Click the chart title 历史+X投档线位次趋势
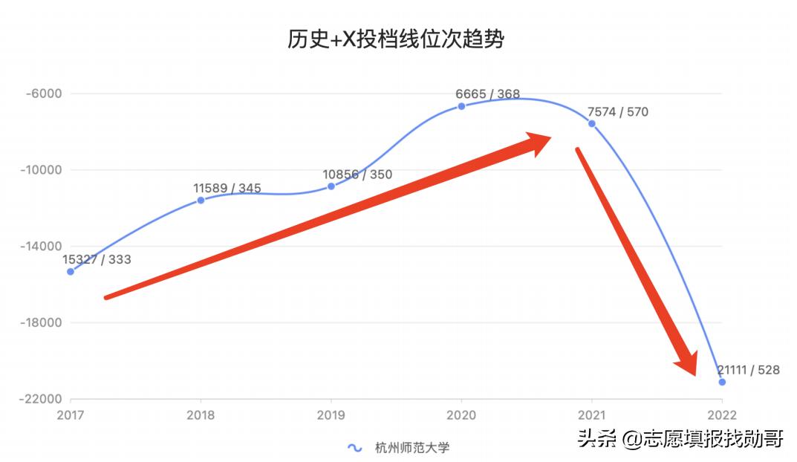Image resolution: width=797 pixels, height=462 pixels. click(396, 39)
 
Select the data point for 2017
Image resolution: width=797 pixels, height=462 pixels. click(71, 272)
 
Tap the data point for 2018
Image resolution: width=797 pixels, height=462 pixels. click(201, 201)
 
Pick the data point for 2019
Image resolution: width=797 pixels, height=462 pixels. click(331, 186)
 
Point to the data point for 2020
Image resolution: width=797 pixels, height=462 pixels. click(461, 106)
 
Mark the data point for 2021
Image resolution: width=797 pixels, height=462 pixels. click(592, 123)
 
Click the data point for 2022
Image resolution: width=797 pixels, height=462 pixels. click(722, 383)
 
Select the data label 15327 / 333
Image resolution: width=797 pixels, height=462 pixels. click(97, 259)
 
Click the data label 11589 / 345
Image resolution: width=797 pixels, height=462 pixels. click(227, 188)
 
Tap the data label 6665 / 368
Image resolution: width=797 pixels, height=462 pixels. click(488, 94)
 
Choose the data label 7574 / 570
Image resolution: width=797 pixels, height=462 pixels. click(618, 112)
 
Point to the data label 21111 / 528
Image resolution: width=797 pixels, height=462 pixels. click(749, 370)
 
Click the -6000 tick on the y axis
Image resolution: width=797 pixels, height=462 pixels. click(43, 94)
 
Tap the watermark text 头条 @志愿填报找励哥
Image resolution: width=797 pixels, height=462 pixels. click(680, 438)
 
